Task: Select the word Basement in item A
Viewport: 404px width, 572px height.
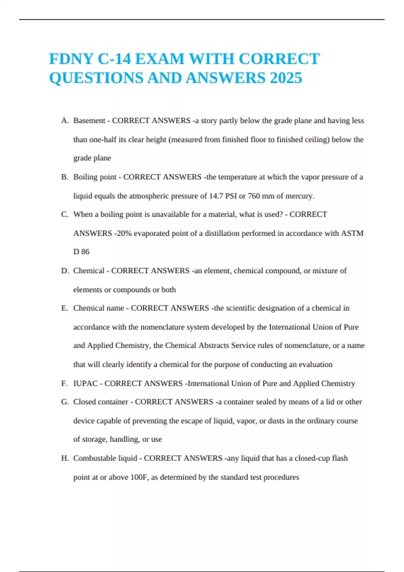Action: click(89, 121)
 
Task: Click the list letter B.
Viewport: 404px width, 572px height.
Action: click(65, 177)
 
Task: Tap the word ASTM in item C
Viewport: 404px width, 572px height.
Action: click(352, 234)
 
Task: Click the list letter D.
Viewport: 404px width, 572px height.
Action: click(65, 271)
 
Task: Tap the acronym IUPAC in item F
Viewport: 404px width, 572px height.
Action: click(86, 384)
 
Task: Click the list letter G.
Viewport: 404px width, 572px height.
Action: click(65, 402)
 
